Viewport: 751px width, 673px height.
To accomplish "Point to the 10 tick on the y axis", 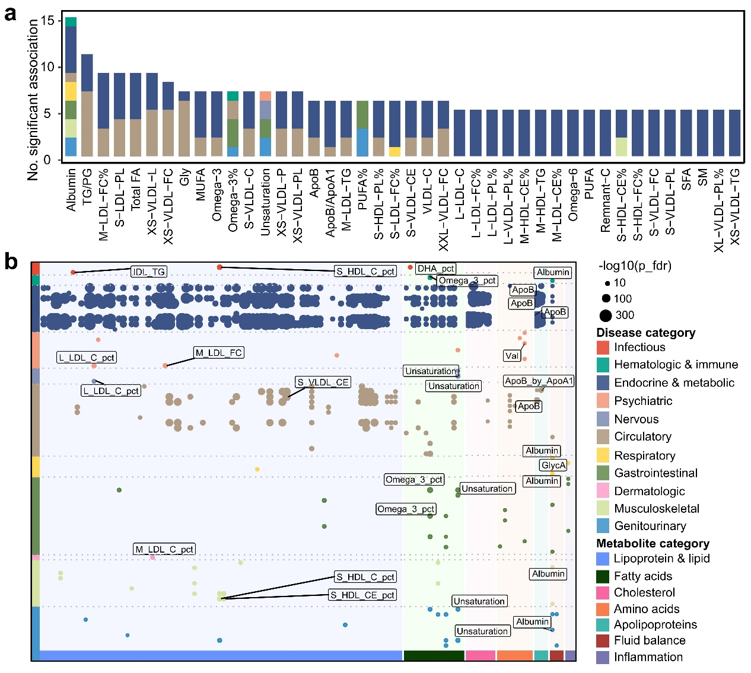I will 47,67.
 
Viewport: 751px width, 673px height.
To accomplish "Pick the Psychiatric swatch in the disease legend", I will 603,401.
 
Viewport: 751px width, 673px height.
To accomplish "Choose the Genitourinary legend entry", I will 650,526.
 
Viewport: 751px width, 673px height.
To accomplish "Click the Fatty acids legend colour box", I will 603,576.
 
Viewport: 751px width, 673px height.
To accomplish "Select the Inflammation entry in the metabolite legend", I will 648,657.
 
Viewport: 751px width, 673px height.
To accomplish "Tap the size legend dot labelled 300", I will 606,315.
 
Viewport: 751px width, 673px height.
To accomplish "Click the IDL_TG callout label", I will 149,272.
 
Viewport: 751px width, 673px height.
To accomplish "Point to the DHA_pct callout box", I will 435,269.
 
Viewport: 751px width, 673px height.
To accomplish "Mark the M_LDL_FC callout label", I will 219,353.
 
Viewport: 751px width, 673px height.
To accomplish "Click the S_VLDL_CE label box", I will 323,382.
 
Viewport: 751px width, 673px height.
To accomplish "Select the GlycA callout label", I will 553,465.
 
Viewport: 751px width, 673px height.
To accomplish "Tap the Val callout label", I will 512,356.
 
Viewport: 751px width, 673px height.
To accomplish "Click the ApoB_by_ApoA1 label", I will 539,381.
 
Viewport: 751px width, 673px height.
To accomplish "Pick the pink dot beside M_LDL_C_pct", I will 152,557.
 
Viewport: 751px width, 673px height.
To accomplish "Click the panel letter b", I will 11,261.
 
